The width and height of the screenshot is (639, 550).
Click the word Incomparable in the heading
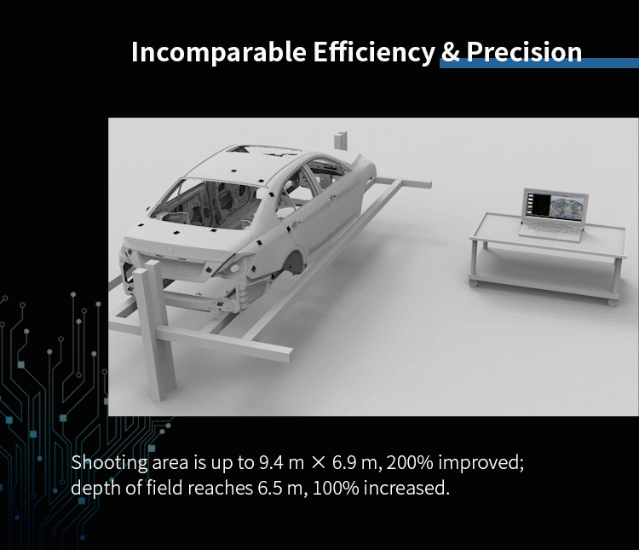(218, 52)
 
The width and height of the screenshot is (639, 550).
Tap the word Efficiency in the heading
(374, 52)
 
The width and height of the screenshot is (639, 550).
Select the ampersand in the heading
(451, 52)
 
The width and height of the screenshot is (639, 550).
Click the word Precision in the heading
(524, 52)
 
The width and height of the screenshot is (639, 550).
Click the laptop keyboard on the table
(551, 231)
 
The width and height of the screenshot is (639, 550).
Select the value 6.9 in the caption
(343, 462)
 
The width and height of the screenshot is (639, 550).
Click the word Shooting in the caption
(110, 463)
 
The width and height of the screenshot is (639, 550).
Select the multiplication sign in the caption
(319, 463)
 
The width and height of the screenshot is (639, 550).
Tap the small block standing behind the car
(341, 141)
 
